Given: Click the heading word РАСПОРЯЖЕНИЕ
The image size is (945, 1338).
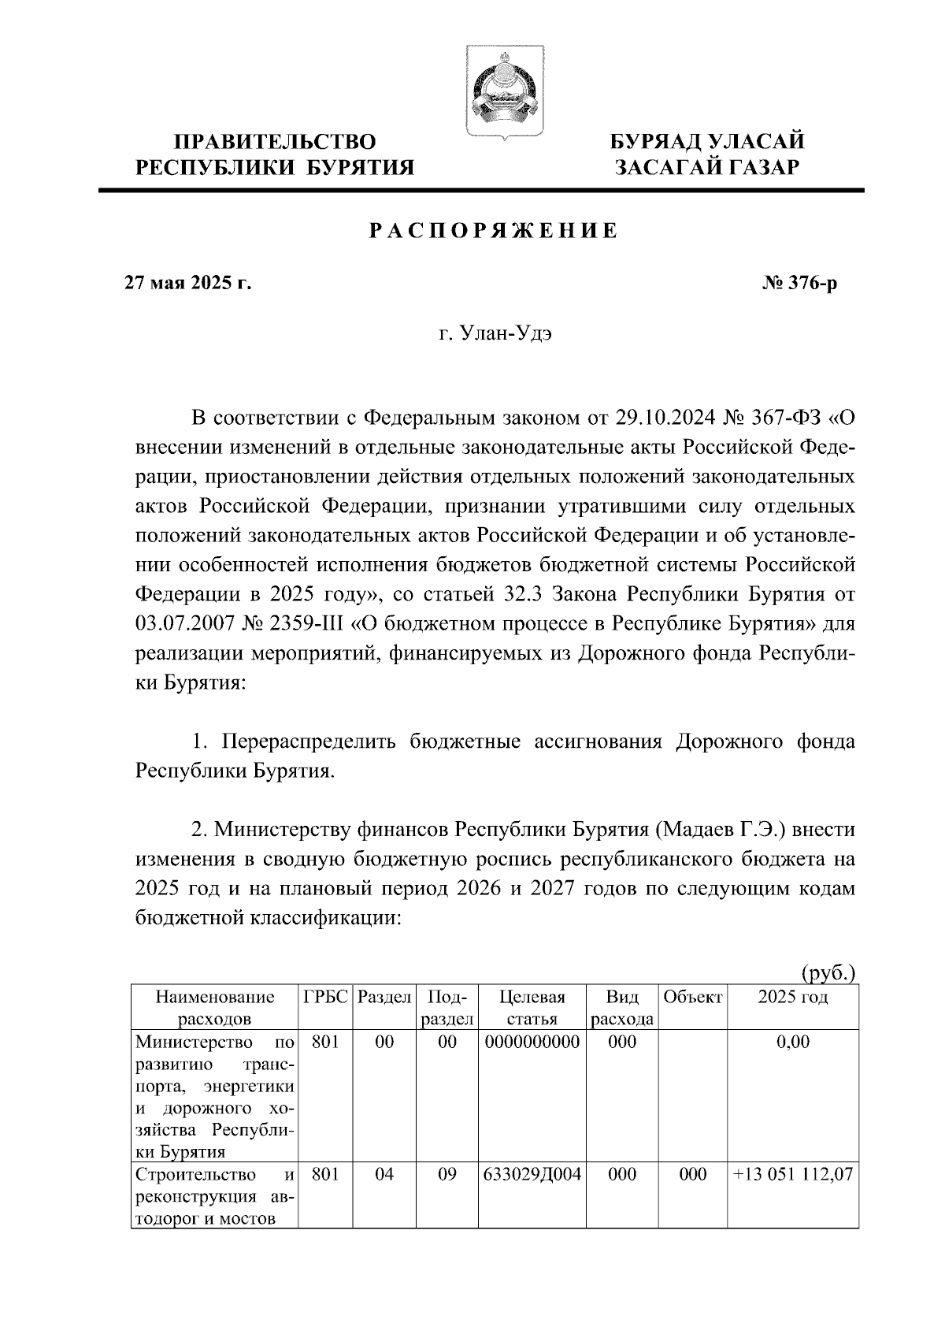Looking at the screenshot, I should click(x=494, y=231).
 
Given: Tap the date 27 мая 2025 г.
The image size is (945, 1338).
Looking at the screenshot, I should click(x=187, y=283).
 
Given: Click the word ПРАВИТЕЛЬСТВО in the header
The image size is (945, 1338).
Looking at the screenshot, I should click(x=275, y=142).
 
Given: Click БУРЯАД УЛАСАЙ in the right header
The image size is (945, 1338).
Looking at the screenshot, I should click(x=708, y=142).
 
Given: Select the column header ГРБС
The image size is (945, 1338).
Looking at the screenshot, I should click(x=325, y=997).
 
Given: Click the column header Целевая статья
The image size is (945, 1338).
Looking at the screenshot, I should click(x=532, y=1007).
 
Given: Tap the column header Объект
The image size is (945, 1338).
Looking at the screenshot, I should click(x=692, y=997).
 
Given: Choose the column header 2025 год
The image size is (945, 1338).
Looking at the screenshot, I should click(x=792, y=997).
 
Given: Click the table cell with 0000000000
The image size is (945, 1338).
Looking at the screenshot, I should click(x=532, y=1042).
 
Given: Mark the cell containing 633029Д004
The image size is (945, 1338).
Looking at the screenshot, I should click(x=532, y=1174).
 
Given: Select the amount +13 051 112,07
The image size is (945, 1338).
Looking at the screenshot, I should click(x=792, y=1174).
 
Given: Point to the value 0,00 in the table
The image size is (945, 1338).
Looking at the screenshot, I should click(x=792, y=1042).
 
